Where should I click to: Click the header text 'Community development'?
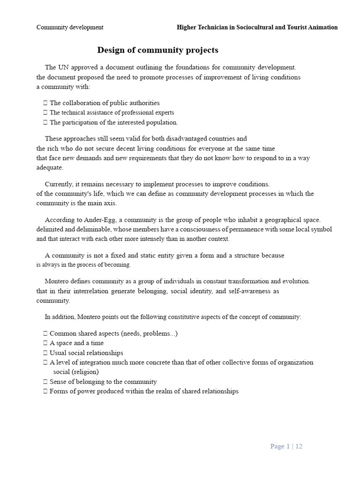pos(70,27)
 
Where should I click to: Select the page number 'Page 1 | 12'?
pos(286,446)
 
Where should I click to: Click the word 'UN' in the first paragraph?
pos(63,67)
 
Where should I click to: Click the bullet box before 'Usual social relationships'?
pos(45,353)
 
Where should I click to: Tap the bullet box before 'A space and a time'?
pos(45,343)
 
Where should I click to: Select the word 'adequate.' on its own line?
pos(50,167)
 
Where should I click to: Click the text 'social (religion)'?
pos(76,372)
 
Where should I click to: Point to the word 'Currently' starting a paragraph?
pos(59,184)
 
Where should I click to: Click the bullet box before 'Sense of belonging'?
pos(45,382)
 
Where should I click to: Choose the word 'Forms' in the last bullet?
pos(59,391)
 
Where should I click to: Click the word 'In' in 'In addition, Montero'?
pos(48,317)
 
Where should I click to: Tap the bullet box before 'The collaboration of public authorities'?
pos(45,103)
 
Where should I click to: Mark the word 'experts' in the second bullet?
pos(164,112)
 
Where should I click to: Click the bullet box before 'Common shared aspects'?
pos(45,334)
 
